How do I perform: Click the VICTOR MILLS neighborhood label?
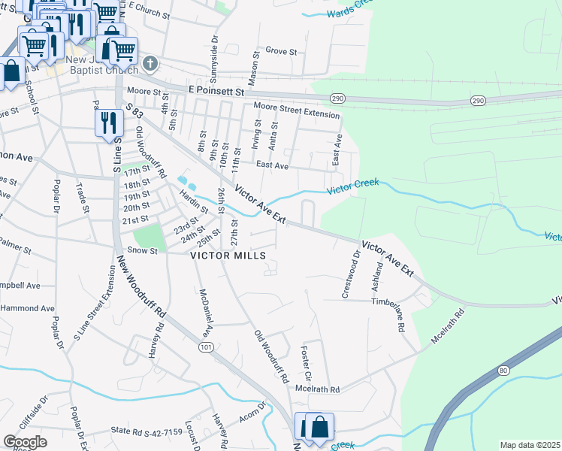tap(228, 256)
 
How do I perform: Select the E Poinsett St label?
tap(217, 90)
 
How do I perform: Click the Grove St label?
tap(282, 51)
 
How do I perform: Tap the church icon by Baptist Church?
tap(150, 62)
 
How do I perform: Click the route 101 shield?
tap(205, 347)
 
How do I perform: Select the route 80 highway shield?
tap(503, 371)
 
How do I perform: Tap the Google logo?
tap(25, 442)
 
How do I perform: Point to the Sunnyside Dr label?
tap(214, 46)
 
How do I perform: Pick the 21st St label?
tap(136, 219)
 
